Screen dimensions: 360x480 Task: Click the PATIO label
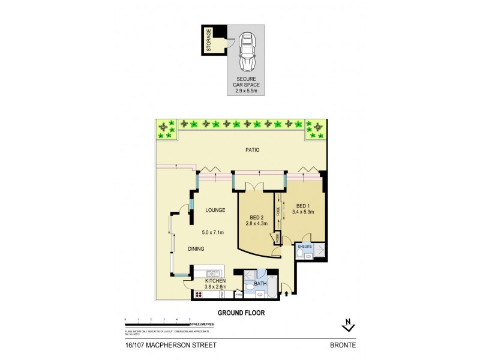(252, 150)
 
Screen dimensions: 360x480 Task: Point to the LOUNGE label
(215, 210)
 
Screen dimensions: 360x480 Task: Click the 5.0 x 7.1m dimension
(213, 232)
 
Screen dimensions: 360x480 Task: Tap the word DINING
(196, 249)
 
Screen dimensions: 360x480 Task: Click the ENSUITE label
(304, 245)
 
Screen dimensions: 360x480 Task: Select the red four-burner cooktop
(198, 295)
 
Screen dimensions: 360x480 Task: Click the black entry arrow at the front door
(286, 293)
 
